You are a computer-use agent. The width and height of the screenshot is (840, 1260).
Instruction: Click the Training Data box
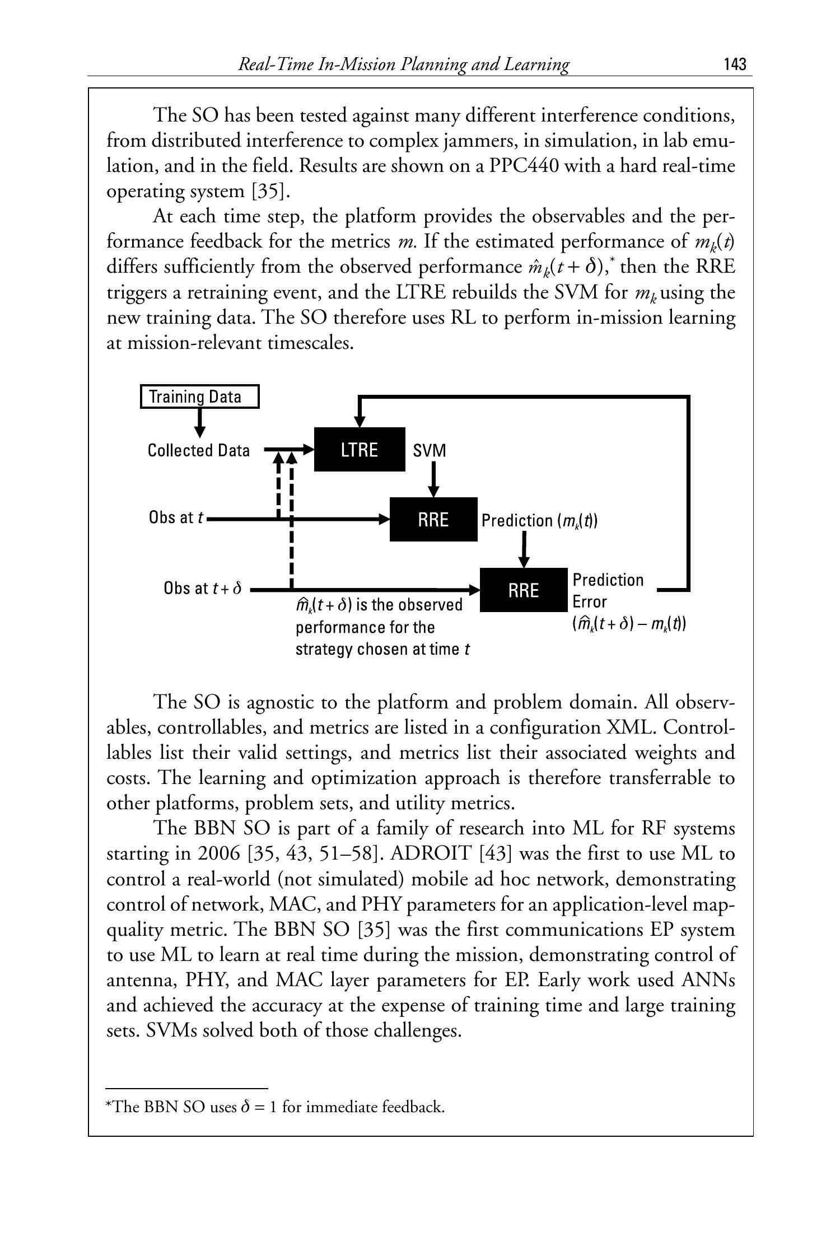click(x=199, y=396)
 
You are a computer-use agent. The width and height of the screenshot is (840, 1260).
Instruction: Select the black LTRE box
click(x=359, y=450)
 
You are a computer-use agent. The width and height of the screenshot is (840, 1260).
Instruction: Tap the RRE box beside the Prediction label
click(x=433, y=519)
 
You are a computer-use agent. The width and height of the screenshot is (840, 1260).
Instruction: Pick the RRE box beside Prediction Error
click(x=524, y=590)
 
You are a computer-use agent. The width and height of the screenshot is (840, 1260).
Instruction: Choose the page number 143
click(x=735, y=64)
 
